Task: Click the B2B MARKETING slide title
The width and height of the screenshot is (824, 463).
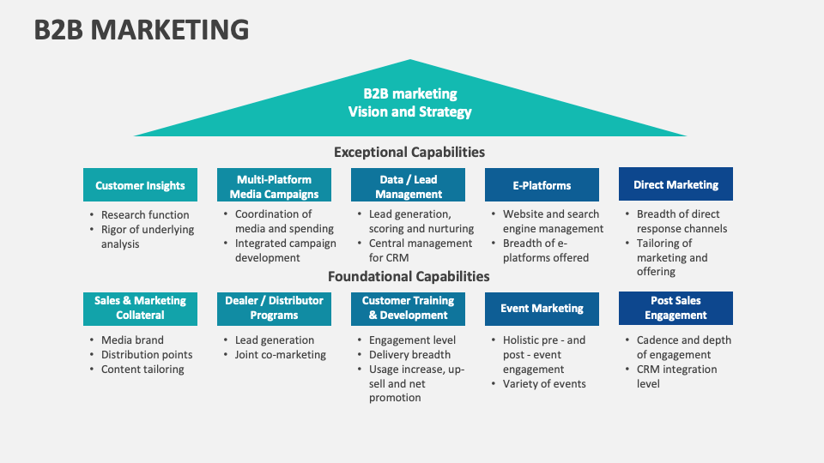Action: click(142, 29)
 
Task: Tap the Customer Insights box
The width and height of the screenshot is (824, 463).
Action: click(140, 185)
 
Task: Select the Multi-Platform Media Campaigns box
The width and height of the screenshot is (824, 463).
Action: click(274, 185)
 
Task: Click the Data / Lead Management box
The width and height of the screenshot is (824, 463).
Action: click(408, 185)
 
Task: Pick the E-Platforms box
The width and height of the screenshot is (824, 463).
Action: click(542, 185)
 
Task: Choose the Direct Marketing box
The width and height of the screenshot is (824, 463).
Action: click(676, 184)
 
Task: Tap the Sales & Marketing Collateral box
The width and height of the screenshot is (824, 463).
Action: click(140, 308)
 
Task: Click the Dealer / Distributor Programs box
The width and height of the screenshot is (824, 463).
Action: click(274, 308)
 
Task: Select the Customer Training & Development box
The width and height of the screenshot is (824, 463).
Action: click(408, 308)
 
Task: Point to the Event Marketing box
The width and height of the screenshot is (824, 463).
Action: click(542, 309)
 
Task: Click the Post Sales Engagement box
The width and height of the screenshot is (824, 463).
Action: click(676, 308)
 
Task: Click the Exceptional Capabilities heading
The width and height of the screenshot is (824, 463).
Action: click(409, 153)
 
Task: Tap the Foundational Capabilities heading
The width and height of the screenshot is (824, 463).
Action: click(409, 276)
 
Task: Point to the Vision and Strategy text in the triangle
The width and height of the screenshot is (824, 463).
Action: click(409, 111)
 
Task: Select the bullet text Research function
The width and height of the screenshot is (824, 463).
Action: click(145, 214)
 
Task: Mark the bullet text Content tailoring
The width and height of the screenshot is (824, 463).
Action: click(142, 370)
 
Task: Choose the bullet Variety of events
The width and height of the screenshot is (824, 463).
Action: click(544, 384)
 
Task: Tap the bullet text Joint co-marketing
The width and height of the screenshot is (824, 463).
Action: click(281, 355)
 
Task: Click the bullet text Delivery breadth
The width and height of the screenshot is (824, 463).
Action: click(409, 355)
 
